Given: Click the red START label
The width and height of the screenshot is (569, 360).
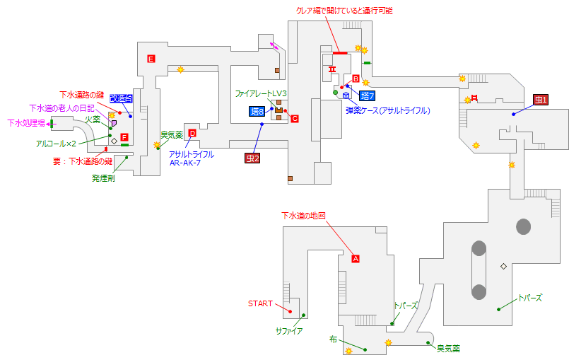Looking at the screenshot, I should [260, 304].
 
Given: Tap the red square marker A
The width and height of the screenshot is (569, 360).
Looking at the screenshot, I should [356, 259].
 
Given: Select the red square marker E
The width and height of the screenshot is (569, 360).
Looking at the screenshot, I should [151, 58].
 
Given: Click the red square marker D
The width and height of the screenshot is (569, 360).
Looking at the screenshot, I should [192, 133].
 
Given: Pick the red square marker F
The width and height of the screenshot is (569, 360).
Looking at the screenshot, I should [124, 137].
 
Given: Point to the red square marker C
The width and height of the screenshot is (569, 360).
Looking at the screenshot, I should [295, 119].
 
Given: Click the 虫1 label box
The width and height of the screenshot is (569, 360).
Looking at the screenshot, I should [541, 100].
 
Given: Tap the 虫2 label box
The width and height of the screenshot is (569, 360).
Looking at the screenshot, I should [253, 158].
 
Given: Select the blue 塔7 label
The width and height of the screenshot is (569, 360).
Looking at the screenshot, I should [367, 95].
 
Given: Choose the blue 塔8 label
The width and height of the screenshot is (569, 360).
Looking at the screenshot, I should [257, 111].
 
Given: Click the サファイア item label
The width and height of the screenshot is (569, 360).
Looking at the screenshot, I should [289, 330].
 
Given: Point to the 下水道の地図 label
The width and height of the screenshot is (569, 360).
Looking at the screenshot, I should [303, 215].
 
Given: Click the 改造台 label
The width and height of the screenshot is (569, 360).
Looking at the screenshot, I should [121, 99].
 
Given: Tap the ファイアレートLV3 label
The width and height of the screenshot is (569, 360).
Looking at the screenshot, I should [261, 93].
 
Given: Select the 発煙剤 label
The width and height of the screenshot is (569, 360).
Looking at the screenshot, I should [103, 180].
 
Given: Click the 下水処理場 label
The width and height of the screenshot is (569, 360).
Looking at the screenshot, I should [26, 123].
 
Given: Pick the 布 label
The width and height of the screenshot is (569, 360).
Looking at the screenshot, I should [333, 339].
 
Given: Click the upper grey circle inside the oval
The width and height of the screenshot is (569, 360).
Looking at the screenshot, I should [479, 248].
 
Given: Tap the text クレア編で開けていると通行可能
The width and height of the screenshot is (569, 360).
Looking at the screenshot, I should [344, 11].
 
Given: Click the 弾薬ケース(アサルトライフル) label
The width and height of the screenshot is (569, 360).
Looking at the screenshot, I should [387, 110].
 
